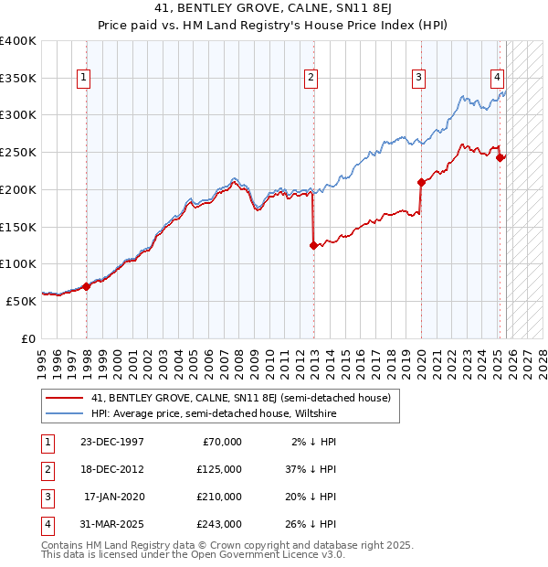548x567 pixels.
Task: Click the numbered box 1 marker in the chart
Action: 83,78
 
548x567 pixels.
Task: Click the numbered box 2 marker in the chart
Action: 311,78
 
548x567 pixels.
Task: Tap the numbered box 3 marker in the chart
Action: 418,78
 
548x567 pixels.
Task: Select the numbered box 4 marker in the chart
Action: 497,78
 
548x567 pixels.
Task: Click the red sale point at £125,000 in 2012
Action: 313,245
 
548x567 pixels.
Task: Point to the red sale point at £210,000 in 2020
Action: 421,182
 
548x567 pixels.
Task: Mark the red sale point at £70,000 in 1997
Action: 86,286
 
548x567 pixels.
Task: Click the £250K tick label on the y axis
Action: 17,152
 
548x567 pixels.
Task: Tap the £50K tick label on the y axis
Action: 20,300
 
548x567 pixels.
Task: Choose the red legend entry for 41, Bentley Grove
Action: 240,398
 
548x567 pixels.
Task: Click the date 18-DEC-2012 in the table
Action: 112,468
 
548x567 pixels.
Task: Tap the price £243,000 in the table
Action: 219,524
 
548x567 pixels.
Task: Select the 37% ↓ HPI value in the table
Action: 310,468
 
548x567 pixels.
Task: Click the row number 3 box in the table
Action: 46,497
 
